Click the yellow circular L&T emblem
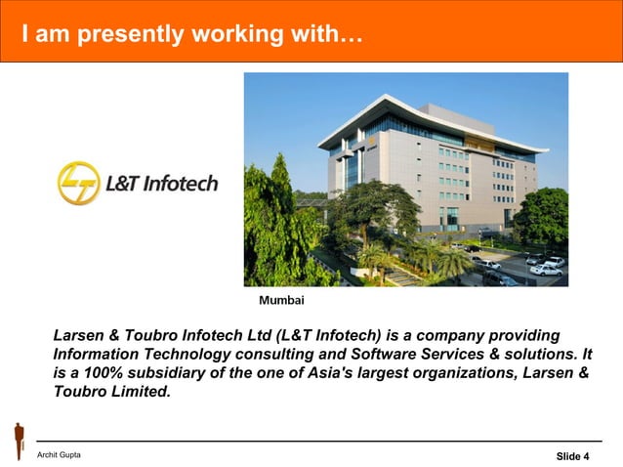point(78,184)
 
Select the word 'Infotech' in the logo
point(181,184)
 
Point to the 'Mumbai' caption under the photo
point(281,299)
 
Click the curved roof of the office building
point(430,115)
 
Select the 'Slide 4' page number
point(572,456)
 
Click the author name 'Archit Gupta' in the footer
point(59,455)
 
